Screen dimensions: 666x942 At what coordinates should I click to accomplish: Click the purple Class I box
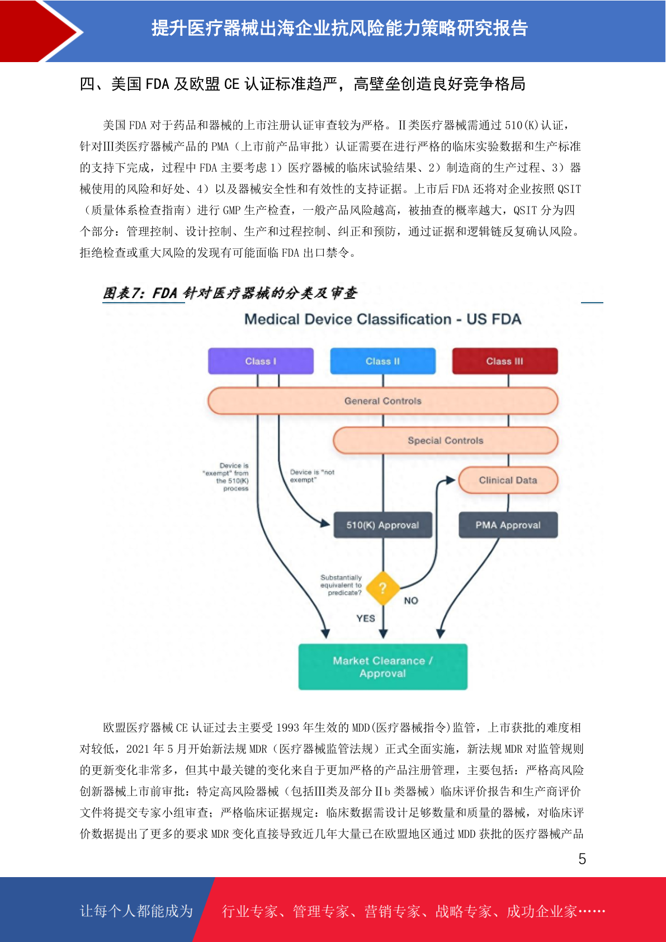261,361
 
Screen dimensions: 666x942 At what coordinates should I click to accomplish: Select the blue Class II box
382,361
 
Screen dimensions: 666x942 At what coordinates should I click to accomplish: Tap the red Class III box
505,361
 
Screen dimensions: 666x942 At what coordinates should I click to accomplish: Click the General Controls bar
382,401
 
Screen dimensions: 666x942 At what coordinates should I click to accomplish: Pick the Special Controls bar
446,440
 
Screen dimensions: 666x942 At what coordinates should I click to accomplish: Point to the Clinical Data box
508,480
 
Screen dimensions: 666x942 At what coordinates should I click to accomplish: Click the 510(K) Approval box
382,525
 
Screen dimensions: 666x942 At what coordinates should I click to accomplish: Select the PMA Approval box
508,525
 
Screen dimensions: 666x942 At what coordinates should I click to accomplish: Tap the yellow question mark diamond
382,588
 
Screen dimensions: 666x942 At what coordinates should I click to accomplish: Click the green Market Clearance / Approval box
382,667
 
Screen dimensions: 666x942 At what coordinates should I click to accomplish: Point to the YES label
365,618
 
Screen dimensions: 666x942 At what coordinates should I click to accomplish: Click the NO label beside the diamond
411,601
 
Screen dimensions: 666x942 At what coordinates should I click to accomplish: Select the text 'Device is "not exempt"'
312,475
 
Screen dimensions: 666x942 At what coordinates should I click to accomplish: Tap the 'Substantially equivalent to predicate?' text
341,585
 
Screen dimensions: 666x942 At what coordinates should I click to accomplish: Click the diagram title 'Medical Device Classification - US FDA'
382,319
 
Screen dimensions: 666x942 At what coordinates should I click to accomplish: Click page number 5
582,859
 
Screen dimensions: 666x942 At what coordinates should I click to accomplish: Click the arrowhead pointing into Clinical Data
451,480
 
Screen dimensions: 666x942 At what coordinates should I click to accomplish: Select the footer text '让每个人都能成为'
136,911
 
